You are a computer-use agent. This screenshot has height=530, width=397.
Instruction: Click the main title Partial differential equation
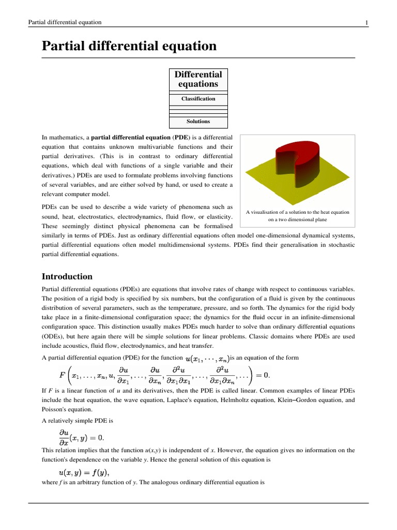tap(129, 46)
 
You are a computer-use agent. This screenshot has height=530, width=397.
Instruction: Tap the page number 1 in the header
tap(367, 22)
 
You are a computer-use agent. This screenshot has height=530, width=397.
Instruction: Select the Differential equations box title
tap(198, 79)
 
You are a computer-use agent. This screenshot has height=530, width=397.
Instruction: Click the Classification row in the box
tap(198, 98)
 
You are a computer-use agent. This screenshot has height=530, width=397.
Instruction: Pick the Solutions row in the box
tap(198, 121)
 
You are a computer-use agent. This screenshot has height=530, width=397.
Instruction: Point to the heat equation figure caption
tap(297, 216)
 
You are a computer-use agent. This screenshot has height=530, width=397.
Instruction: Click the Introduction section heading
tap(67, 276)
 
